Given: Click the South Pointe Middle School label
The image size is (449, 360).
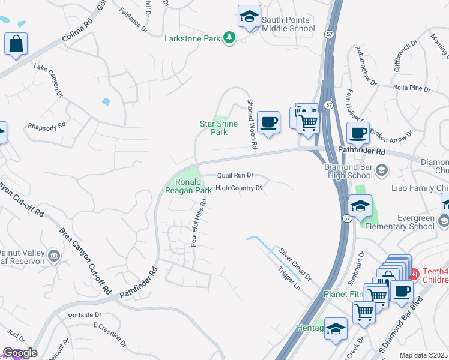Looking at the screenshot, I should point(288,24).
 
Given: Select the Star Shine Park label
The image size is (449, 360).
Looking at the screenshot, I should point(218,128).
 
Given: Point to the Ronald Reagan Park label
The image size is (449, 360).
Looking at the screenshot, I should point(188,186).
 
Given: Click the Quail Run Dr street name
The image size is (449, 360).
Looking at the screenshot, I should point(235,175).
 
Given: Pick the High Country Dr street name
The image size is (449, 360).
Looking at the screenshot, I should point(239,188).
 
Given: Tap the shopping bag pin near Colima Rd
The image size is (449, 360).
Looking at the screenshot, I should point(16,44).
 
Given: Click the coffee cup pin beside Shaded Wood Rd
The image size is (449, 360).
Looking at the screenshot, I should point(268,122).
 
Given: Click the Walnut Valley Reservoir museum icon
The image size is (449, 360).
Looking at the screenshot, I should point(54,256).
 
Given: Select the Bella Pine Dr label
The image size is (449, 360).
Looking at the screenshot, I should point(412,88).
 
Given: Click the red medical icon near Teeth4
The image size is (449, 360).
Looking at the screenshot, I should point(412,274).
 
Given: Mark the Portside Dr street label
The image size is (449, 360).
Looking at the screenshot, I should point(85,314).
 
